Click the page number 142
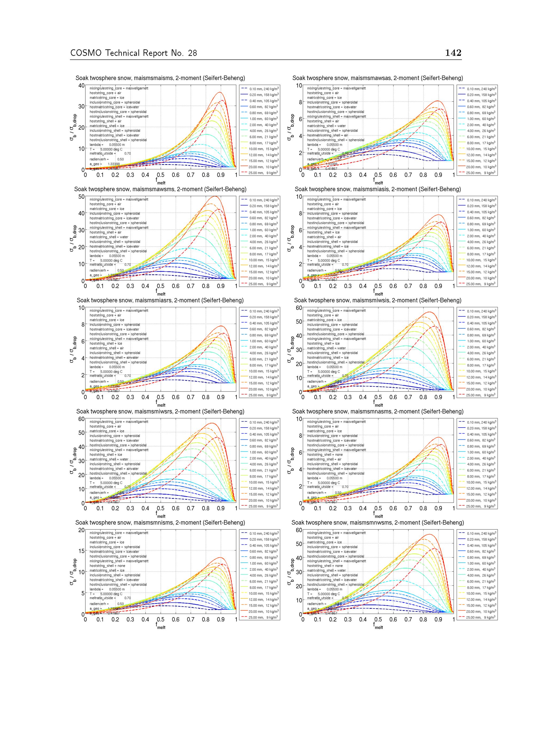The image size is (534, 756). (453, 53)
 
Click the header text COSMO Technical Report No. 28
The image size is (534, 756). (133, 53)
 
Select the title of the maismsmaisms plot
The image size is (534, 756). (160, 78)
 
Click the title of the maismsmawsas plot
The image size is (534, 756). (378, 78)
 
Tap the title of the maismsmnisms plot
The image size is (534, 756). (160, 523)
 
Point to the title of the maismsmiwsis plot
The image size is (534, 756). (378, 301)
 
